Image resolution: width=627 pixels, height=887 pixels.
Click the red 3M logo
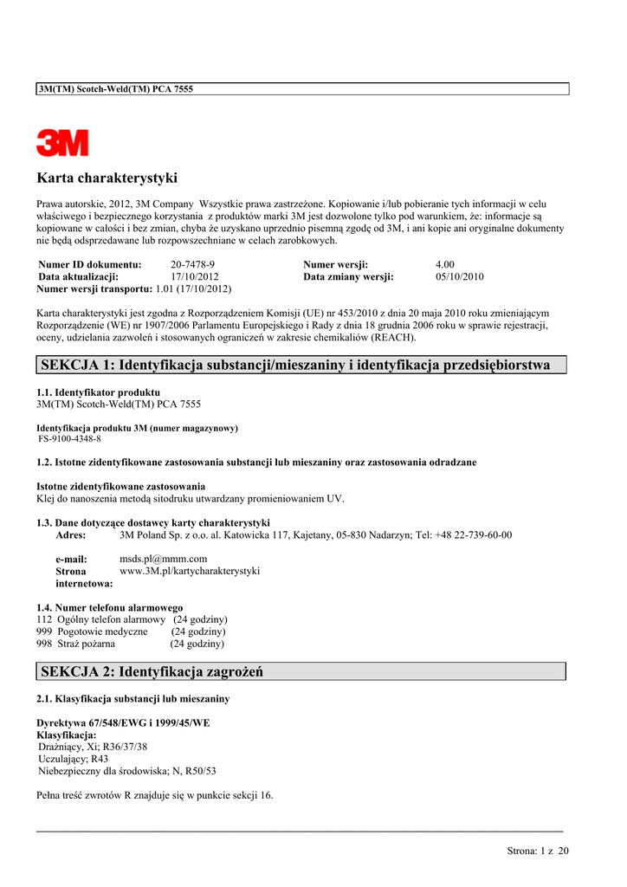pyautogui.click(x=62, y=143)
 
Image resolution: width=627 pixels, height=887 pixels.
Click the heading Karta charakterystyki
pyautogui.click(x=107, y=178)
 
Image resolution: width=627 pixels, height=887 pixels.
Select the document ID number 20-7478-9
pyautogui.click(x=192, y=264)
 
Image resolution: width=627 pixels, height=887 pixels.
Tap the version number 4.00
pyautogui.click(x=445, y=264)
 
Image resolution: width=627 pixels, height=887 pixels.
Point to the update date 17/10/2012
pyautogui.click(x=195, y=276)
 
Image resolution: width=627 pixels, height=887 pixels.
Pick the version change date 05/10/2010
pyautogui.click(x=460, y=276)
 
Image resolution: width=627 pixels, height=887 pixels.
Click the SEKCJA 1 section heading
pyautogui.click(x=295, y=365)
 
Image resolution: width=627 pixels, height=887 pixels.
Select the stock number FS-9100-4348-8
pyautogui.click(x=69, y=439)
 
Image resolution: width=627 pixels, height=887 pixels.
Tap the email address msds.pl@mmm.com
pyautogui.click(x=163, y=559)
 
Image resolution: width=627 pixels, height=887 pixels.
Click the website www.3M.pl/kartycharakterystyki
pyautogui.click(x=189, y=571)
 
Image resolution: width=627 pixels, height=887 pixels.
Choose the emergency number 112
pyautogui.click(x=44, y=619)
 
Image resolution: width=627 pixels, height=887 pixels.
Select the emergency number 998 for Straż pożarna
pyautogui.click(x=44, y=644)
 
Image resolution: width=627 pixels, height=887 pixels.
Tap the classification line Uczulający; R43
pyautogui.click(x=74, y=758)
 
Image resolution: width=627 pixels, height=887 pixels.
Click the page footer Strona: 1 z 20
pyautogui.click(x=538, y=851)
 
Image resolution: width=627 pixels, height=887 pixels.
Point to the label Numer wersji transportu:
pyautogui.click(x=94, y=288)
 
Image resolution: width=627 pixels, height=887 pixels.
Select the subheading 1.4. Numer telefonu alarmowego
pyautogui.click(x=109, y=607)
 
